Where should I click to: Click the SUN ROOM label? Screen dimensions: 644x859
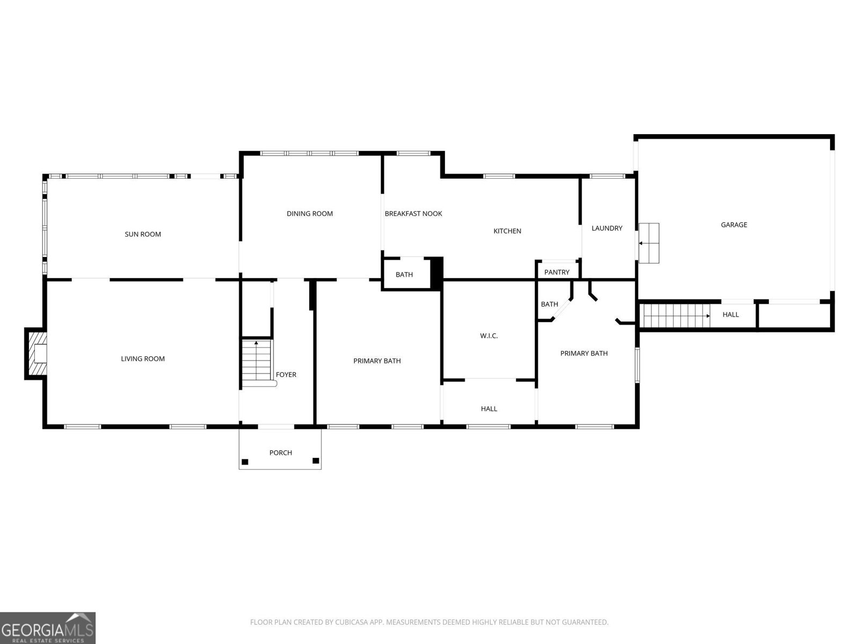pyautogui.click(x=143, y=235)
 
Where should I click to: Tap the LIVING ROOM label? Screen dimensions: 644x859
pyautogui.click(x=143, y=359)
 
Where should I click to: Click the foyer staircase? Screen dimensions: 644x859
pyautogui.click(x=256, y=362)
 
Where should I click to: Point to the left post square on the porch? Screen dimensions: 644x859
pyautogui.click(x=245, y=462)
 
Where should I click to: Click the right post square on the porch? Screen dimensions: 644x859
pyautogui.click(x=316, y=461)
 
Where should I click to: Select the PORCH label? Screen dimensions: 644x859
pyautogui.click(x=280, y=453)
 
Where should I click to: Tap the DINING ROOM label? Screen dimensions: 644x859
pyautogui.click(x=310, y=214)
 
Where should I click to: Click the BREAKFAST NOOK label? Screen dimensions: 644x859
pyautogui.click(x=413, y=214)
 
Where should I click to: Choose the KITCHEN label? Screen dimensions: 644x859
pyautogui.click(x=507, y=231)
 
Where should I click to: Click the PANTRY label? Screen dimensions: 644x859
pyautogui.click(x=557, y=272)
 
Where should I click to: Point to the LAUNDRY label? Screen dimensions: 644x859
pyautogui.click(x=607, y=228)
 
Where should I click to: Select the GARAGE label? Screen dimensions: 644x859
pyautogui.click(x=734, y=225)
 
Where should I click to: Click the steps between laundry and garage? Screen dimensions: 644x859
pyautogui.click(x=649, y=243)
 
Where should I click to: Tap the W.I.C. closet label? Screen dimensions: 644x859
pyautogui.click(x=489, y=336)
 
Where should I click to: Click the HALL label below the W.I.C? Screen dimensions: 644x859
pyautogui.click(x=489, y=409)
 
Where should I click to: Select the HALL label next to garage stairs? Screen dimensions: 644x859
pyautogui.click(x=731, y=314)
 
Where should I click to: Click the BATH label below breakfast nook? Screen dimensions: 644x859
pyautogui.click(x=404, y=275)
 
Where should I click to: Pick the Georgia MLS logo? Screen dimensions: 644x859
pyautogui.click(x=47, y=627)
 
